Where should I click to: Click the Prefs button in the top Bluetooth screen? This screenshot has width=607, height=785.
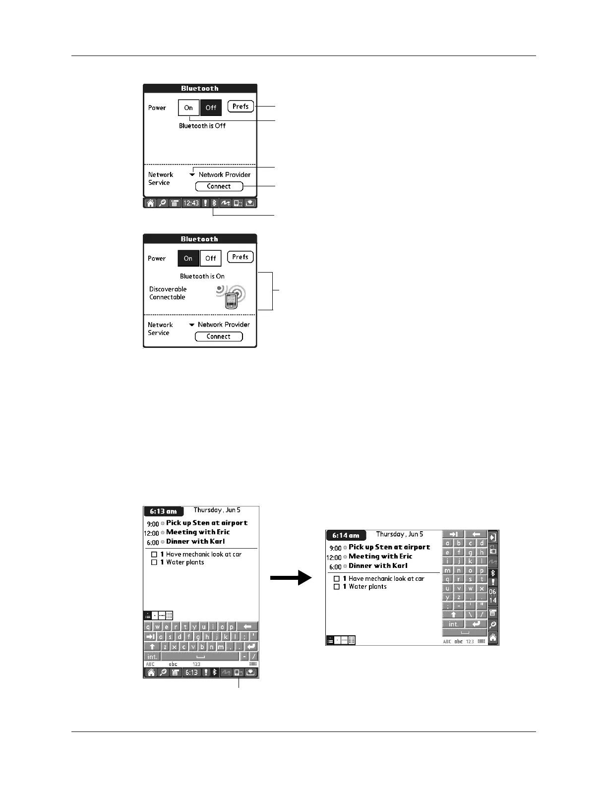(241, 107)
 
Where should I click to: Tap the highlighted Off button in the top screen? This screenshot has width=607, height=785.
(211, 108)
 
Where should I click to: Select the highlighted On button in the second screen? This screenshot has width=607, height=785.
(188, 258)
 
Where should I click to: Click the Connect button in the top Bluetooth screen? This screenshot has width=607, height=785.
(219, 186)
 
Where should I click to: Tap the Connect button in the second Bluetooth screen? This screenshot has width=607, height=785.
(218, 336)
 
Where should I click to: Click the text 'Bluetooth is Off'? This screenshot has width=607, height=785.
(202, 126)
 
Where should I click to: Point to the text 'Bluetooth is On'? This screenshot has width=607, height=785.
(202, 276)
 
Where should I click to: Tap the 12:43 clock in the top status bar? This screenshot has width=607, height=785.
(191, 203)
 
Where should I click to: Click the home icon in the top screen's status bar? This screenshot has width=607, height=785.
(150, 203)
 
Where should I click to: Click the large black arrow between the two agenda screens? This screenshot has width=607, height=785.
(291, 577)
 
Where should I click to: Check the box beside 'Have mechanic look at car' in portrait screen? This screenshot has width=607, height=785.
(154, 555)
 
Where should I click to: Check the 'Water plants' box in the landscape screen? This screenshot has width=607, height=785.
(337, 587)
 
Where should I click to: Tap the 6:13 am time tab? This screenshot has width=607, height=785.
(164, 511)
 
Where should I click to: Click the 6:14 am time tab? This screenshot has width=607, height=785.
(346, 535)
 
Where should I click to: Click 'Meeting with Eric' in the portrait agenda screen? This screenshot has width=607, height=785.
(198, 532)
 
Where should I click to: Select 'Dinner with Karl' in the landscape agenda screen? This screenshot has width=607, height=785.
(378, 566)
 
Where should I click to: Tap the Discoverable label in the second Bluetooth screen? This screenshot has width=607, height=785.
(168, 289)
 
